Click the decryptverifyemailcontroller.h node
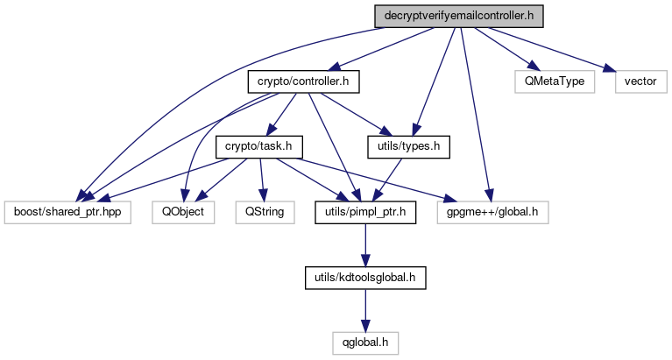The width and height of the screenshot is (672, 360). coord(453,17)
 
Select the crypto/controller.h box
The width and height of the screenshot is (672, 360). coord(303,81)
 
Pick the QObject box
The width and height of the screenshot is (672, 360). coord(182,211)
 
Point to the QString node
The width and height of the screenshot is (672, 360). coord(264,211)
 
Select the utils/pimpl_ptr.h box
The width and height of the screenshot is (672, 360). coord(365,211)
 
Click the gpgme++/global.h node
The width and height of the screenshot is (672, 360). coord(492,211)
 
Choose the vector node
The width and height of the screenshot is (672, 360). coord(640,81)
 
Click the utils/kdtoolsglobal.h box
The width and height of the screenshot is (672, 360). coord(364,276)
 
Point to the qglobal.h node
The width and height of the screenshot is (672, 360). coord(364,340)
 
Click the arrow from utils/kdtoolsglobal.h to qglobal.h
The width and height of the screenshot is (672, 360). coord(364,307)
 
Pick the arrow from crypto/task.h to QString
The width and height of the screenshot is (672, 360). coord(261,179)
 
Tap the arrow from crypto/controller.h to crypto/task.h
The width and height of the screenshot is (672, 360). coord(283,113)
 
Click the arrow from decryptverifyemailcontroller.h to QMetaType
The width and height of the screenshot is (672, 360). coord(503,49)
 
